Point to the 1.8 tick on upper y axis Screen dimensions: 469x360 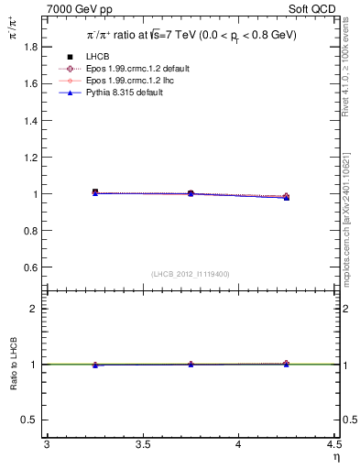[29, 46]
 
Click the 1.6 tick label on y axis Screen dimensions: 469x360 [29, 83]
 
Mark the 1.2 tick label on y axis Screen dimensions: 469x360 [29, 157]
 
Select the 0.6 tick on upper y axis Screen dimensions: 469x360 [29, 267]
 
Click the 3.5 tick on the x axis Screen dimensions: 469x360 [142, 445]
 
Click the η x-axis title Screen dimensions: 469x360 [335, 457]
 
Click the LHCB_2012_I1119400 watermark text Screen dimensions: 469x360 [191, 274]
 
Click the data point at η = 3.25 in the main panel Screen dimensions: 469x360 [94, 192]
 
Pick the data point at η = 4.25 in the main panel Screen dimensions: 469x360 [286, 197]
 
